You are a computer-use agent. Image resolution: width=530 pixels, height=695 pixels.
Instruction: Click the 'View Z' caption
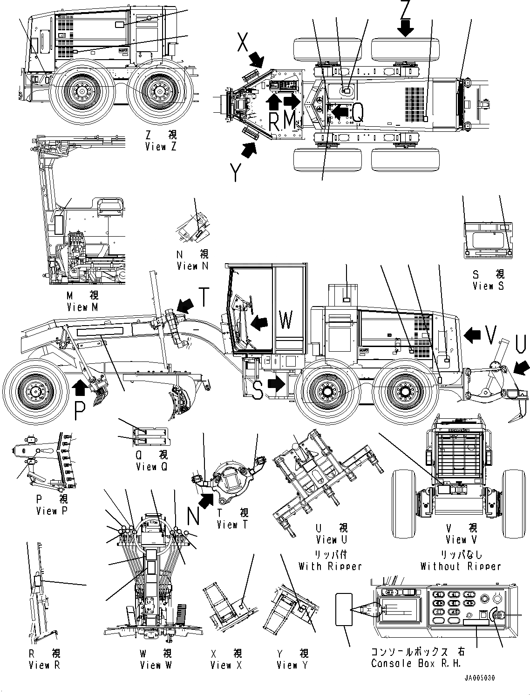(x=161, y=147)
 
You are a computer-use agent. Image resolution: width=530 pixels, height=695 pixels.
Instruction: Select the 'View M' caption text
(x=82, y=307)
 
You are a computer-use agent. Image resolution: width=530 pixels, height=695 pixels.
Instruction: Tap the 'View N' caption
(x=192, y=266)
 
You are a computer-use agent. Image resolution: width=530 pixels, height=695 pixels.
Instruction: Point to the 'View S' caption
(x=488, y=286)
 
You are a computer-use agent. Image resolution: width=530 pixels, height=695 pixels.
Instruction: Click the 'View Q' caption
(x=151, y=467)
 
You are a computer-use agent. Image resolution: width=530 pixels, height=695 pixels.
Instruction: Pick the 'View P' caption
(x=53, y=511)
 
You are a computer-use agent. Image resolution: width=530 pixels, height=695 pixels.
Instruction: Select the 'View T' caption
(x=233, y=525)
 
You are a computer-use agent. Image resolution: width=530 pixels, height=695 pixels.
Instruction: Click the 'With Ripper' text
(x=330, y=566)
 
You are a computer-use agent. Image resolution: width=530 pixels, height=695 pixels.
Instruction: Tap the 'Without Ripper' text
(x=460, y=566)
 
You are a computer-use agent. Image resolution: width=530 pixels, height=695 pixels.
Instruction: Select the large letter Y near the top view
(x=237, y=173)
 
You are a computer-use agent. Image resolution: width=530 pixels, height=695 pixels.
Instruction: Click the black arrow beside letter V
(x=472, y=334)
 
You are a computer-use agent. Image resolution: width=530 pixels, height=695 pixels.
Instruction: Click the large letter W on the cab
(x=285, y=320)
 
